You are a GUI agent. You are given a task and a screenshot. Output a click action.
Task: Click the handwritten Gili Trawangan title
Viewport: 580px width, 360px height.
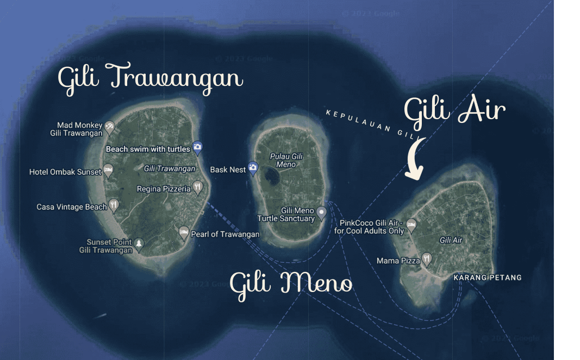pyautogui.click(x=150, y=78)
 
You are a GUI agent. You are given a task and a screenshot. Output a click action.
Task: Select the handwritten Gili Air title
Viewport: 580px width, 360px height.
pyautogui.click(x=454, y=111)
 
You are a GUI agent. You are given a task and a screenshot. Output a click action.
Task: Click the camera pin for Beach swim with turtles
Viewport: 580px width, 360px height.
pyautogui.click(x=197, y=146)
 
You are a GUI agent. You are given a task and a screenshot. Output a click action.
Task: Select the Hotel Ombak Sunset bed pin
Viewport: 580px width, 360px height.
pyautogui.click(x=108, y=170)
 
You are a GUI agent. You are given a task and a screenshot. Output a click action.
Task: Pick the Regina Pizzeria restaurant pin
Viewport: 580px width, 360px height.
pyautogui.click(x=197, y=188)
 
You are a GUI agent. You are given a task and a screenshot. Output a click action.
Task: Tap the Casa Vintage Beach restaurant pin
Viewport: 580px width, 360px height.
pyautogui.click(x=114, y=205)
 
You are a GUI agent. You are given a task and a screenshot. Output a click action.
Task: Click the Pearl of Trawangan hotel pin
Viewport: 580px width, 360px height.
pyautogui.click(x=184, y=233)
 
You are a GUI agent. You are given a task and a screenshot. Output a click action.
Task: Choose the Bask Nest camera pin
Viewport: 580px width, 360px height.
pyautogui.click(x=253, y=167)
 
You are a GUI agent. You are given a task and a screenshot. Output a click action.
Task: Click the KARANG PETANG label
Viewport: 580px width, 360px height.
pyautogui.click(x=488, y=277)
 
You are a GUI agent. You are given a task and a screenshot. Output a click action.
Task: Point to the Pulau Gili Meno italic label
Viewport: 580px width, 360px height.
pyautogui.click(x=286, y=160)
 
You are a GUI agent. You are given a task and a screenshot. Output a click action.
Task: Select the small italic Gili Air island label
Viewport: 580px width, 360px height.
pyautogui.click(x=451, y=240)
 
